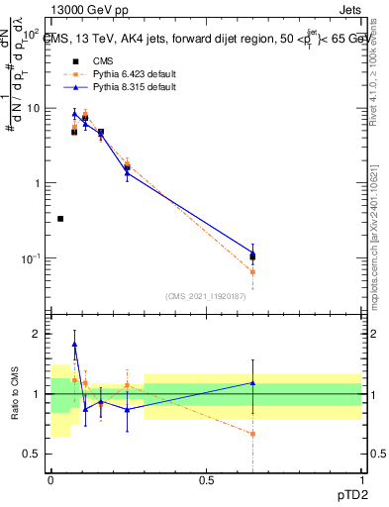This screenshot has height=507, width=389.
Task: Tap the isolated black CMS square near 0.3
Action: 60,219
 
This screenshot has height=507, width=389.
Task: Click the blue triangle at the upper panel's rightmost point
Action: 252,253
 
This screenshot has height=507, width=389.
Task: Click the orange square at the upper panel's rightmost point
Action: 252,271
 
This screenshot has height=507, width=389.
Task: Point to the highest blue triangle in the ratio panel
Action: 75,345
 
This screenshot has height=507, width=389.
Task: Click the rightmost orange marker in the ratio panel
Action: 252,434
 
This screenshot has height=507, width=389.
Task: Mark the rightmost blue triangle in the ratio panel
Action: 252,383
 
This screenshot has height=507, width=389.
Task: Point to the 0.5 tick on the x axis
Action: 206,478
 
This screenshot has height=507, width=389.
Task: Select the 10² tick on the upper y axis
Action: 32,34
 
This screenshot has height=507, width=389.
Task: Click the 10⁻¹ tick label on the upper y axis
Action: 31,258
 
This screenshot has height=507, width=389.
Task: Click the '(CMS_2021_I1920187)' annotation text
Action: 206,296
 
